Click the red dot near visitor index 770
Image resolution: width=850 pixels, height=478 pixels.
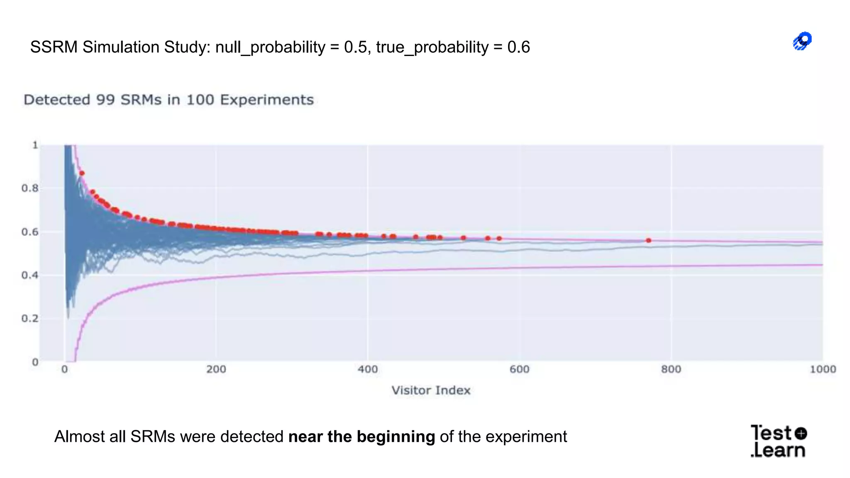pyautogui.click(x=648, y=240)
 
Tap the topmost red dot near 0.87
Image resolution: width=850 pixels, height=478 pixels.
pyautogui.click(x=82, y=173)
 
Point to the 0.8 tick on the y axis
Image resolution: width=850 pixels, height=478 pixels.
pyautogui.click(x=30, y=188)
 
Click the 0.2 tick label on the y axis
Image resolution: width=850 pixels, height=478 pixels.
pyautogui.click(x=30, y=319)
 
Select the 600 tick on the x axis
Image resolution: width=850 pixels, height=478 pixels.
pyautogui.click(x=519, y=369)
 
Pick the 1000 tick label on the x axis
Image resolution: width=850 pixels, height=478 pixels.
pyautogui.click(x=823, y=369)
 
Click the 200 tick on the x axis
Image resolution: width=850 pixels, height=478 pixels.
pyautogui.click(x=216, y=369)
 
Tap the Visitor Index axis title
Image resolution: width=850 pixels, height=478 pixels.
pyautogui.click(x=431, y=390)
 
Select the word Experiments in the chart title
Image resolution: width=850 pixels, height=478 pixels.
pyautogui.click(x=266, y=100)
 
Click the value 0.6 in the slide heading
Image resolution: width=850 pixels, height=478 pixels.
pyautogui.click(x=518, y=47)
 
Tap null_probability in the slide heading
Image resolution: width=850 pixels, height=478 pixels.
pyautogui.click(x=270, y=47)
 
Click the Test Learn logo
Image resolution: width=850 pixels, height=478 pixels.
pyautogui.click(x=778, y=441)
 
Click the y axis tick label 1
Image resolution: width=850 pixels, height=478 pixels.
pyautogui.click(x=35, y=145)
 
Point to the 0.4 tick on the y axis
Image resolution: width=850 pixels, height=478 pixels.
pyautogui.click(x=30, y=275)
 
